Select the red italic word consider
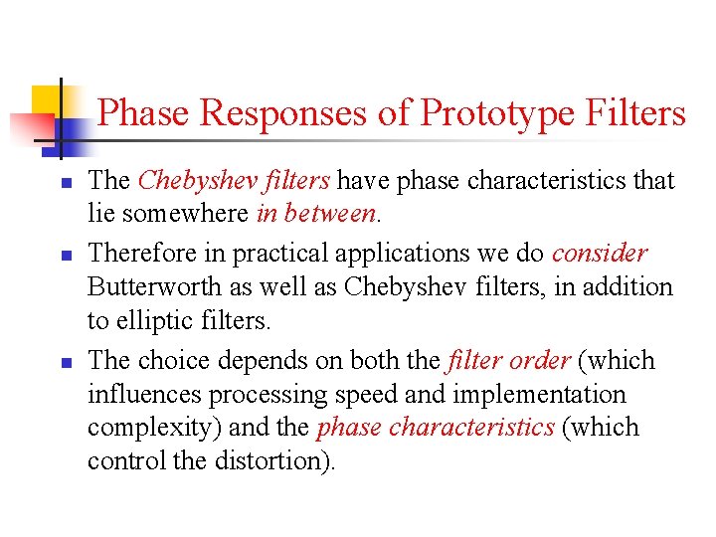(600, 253)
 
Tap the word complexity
(143, 429)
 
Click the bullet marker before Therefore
(63, 256)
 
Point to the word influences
(144, 394)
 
